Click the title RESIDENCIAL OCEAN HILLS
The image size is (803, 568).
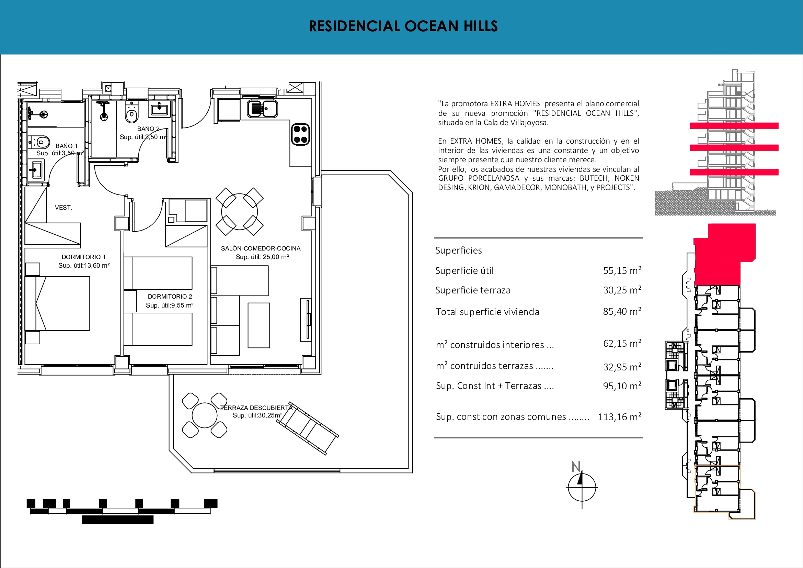point(403,26)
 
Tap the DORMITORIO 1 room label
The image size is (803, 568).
point(83,257)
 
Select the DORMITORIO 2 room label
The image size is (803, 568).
point(170,297)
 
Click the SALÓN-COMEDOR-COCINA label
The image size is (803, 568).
point(261,248)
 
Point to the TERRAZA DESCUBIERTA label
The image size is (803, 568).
point(256,408)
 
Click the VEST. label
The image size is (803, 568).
point(64,208)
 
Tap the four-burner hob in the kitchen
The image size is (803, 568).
point(300,134)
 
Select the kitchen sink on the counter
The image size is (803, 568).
point(262,109)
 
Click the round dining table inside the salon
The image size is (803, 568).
point(240,212)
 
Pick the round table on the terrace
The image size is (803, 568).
point(205,415)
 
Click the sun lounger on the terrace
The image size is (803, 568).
point(308,428)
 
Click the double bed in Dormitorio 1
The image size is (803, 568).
point(58,303)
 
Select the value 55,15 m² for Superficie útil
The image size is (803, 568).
point(622,270)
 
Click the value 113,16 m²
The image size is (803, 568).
point(619,416)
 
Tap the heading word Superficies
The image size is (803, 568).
point(459,250)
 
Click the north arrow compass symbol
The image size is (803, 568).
point(582,487)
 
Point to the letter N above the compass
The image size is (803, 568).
point(576,467)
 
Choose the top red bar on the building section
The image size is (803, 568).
point(734,126)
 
